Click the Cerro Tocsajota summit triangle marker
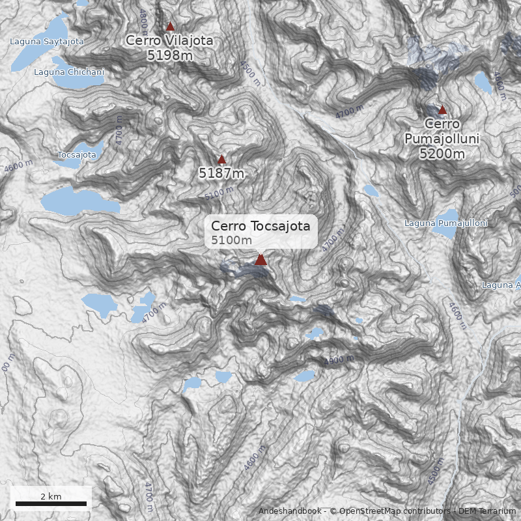(x=260, y=259)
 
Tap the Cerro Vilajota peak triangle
(x=170, y=27)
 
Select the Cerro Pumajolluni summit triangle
(x=442, y=110)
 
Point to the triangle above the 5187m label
(x=221, y=160)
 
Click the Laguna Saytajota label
(x=47, y=42)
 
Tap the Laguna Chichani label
(x=69, y=72)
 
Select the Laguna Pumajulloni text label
(x=446, y=223)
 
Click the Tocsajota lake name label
(x=77, y=155)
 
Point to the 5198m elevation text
(x=169, y=55)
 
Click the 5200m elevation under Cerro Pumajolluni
(x=442, y=154)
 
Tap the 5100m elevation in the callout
(x=231, y=240)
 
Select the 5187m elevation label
(x=221, y=173)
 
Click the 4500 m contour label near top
(x=249, y=74)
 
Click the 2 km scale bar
(x=51, y=503)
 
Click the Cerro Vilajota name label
(x=169, y=40)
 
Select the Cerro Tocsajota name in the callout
(x=260, y=226)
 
